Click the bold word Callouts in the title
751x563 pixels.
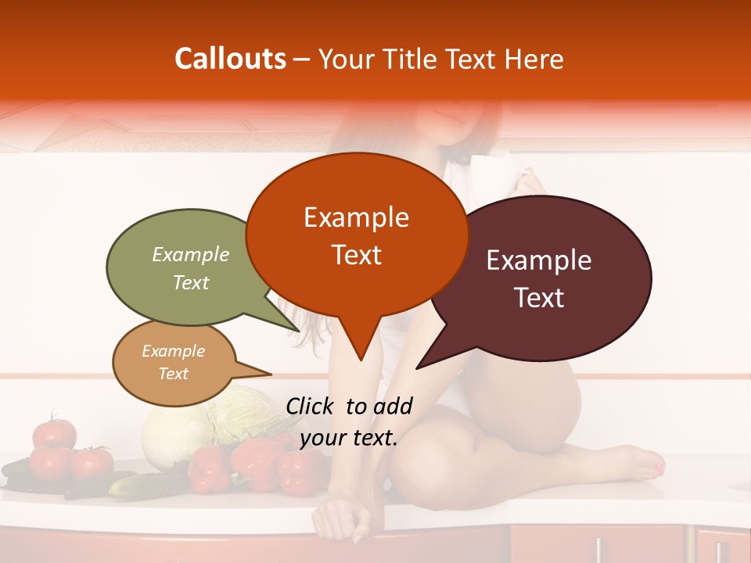click(230, 59)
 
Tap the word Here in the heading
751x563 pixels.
click(536, 59)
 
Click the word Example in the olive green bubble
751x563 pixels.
click(190, 254)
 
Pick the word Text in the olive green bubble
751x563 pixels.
click(190, 282)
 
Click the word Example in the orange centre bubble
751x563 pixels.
click(356, 217)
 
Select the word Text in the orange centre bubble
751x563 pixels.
click(356, 255)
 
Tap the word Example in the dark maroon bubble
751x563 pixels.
click(539, 260)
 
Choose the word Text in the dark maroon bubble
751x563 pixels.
click(539, 298)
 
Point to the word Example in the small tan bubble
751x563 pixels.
click(173, 351)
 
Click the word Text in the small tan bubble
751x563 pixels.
click(173, 374)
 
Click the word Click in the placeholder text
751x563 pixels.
click(312, 406)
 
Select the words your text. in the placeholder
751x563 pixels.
click(349, 438)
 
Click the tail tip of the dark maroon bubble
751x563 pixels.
click(418, 368)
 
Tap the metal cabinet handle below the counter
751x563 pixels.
click(599, 548)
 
